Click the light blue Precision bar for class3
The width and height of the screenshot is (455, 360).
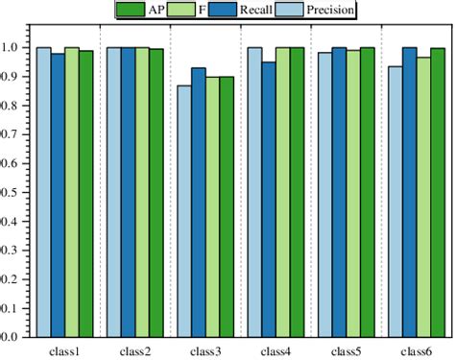(183, 211)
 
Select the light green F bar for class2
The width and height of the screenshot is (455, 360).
(142, 192)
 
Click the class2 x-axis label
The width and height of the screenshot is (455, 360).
(135, 351)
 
